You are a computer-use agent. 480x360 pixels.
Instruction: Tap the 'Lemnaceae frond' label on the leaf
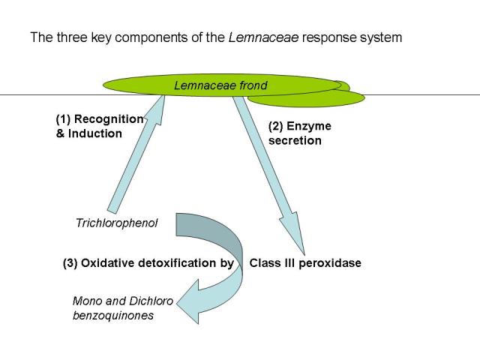tap(220, 85)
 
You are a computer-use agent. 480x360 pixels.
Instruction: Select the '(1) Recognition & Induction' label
tap(100, 125)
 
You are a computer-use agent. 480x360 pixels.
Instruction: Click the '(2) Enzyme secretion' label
tap(299, 133)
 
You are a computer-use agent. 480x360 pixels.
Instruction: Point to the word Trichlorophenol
tap(117, 223)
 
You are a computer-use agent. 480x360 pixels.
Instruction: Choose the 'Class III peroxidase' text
tap(305, 263)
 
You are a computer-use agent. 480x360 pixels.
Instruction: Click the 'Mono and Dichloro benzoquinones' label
tap(122, 308)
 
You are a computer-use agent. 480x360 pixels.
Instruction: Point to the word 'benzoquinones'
tap(112, 316)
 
